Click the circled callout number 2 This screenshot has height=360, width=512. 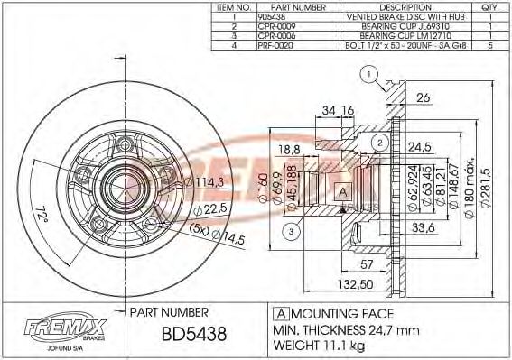pyautogui.click(x=380, y=142)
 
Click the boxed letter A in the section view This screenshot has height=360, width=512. pyautogui.click(x=343, y=190)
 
